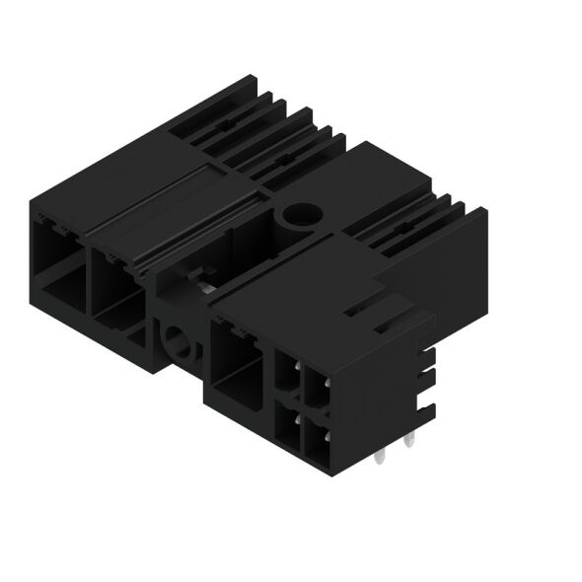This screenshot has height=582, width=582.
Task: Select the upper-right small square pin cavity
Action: click(x=315, y=387)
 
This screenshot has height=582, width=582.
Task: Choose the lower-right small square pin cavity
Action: click(x=315, y=432)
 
